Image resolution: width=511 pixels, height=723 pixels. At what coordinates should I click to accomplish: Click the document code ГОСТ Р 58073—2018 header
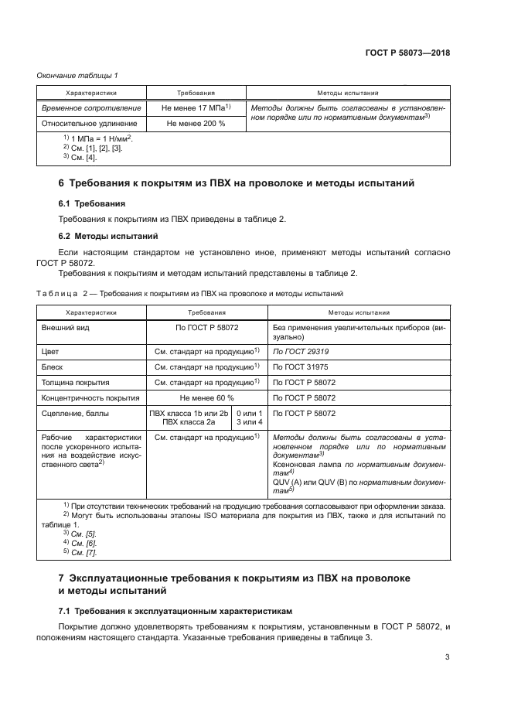point(407,53)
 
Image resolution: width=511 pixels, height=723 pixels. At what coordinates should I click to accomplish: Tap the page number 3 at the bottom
point(448,657)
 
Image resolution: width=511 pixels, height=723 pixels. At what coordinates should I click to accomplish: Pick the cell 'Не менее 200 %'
point(196,123)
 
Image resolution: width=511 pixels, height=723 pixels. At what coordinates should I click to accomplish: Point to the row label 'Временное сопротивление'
point(91,108)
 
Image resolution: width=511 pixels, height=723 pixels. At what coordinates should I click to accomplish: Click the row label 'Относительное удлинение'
point(90,123)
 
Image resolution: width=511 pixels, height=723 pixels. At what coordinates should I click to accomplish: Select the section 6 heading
point(237,184)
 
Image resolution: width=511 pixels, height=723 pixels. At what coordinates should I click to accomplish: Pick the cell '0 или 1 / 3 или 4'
point(249,418)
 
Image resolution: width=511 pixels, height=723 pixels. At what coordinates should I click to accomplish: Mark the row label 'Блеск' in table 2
point(53,366)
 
